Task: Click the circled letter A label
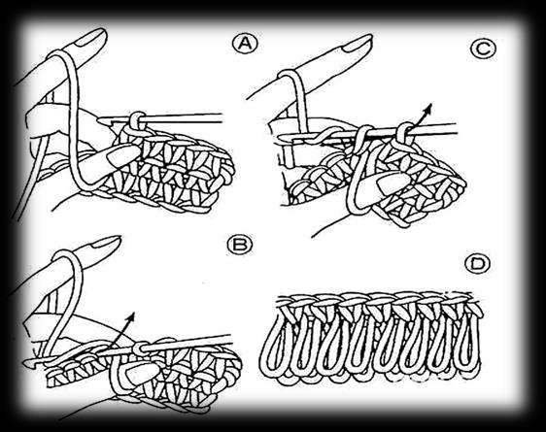[246, 45]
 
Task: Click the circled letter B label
[240, 245]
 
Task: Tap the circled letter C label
[483, 50]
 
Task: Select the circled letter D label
[477, 264]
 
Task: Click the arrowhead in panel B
[131, 316]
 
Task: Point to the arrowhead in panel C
[428, 108]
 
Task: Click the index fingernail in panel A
[90, 38]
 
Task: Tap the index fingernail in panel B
[106, 242]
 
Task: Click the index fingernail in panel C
[358, 43]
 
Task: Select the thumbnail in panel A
[123, 155]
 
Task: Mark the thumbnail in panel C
[394, 183]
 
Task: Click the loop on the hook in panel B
[139, 349]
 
